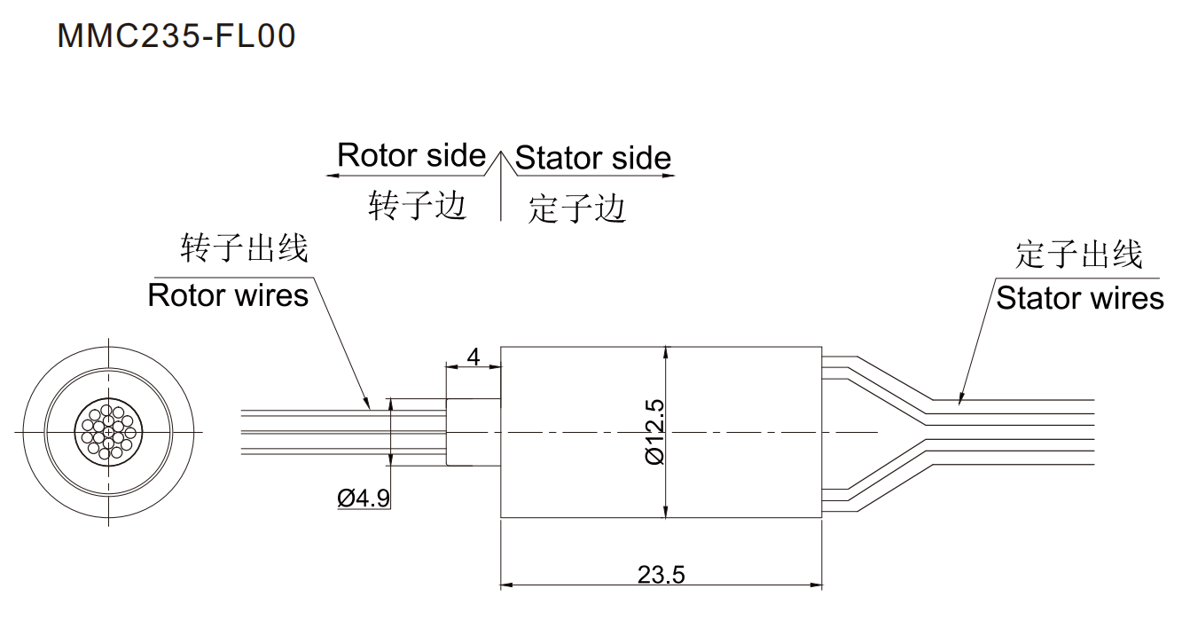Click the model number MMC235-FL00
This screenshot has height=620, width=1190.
click(x=176, y=36)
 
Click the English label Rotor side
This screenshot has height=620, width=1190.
click(x=411, y=155)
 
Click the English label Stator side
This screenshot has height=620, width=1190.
click(x=592, y=159)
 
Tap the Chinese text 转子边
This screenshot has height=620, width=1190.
click(x=417, y=206)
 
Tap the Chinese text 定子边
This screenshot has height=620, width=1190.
click(x=577, y=209)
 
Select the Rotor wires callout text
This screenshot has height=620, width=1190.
click(x=228, y=294)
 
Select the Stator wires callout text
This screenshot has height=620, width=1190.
click(x=1079, y=298)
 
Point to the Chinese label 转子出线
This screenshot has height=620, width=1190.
click(x=244, y=248)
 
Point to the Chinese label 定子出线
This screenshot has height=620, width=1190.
click(x=1079, y=255)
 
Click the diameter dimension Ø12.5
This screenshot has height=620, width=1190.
click(x=655, y=432)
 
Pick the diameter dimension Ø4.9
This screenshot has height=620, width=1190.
click(x=364, y=498)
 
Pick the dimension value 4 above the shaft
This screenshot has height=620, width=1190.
click(x=474, y=357)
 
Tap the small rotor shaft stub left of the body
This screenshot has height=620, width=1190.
click(x=474, y=432)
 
